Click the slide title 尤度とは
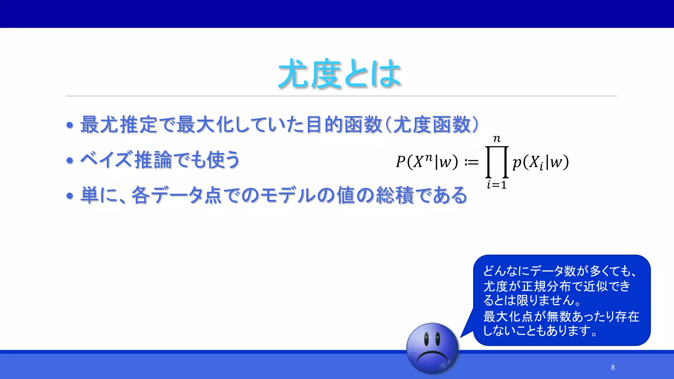click(x=339, y=74)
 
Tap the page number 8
click(x=613, y=367)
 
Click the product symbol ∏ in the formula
click(x=497, y=162)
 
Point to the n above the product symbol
click(x=497, y=139)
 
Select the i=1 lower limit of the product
click(x=497, y=185)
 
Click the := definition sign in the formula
click(x=471, y=162)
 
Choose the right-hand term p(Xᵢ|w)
click(x=540, y=162)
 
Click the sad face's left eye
click(x=426, y=339)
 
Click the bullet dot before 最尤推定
click(x=69, y=125)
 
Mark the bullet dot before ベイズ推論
click(x=69, y=161)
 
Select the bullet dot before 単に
click(x=69, y=196)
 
